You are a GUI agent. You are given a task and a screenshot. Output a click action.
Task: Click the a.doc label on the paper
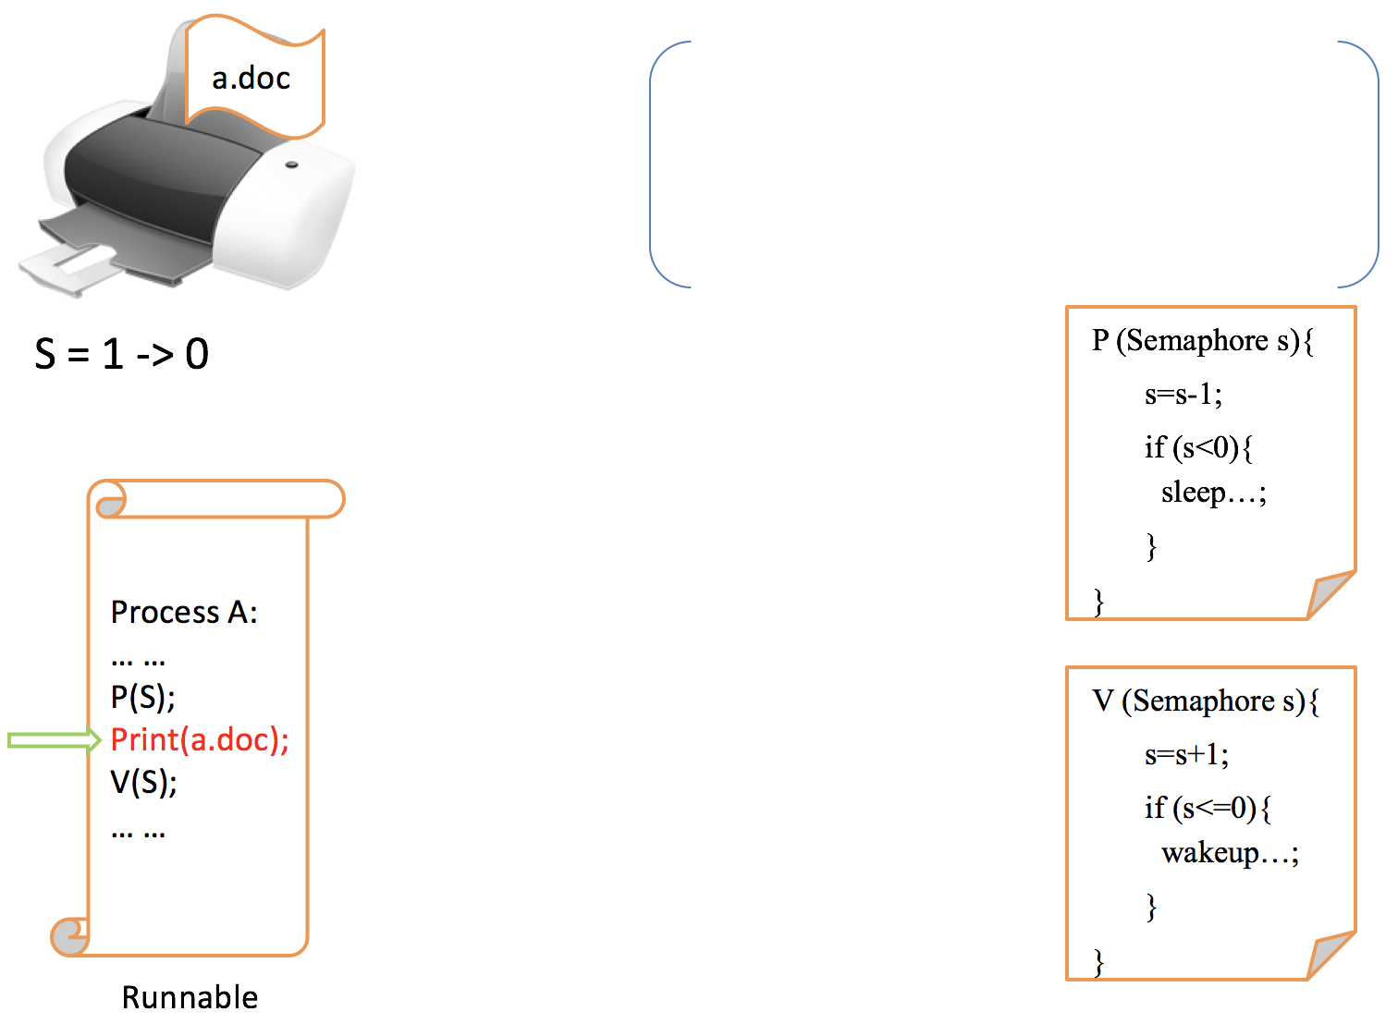[x=251, y=79]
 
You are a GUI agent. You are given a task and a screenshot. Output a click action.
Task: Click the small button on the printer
[x=292, y=165]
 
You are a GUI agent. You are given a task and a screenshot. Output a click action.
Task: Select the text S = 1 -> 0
[x=122, y=354]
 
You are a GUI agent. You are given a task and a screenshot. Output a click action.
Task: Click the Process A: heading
[x=184, y=612]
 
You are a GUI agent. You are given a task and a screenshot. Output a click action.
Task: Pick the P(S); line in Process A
[x=143, y=697]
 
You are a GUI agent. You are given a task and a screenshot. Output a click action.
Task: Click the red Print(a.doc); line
[x=200, y=739]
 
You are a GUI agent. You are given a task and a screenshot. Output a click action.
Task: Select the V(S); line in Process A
[x=144, y=783]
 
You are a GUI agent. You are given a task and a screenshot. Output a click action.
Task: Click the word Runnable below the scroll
[x=190, y=997]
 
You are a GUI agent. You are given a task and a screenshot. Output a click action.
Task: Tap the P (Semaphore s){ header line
[x=1202, y=341]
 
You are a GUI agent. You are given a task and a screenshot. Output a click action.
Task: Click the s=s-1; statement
[x=1183, y=395]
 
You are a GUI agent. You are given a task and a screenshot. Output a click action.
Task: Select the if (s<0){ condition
[x=1199, y=448]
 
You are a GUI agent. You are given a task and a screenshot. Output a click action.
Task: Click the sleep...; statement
[x=1213, y=493]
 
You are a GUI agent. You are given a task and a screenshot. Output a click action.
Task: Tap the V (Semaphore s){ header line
[x=1206, y=701]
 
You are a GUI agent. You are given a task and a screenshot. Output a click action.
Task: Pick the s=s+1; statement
[x=1187, y=755]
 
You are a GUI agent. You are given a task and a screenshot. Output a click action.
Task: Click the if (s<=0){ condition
[x=1208, y=809]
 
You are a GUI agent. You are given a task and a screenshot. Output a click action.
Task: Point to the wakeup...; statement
[x=1230, y=853]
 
